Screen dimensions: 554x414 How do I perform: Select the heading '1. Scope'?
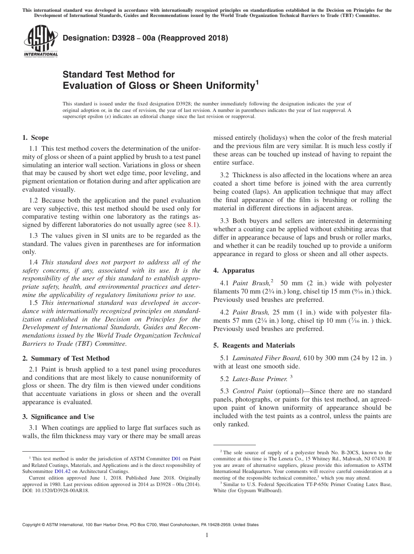[35, 138]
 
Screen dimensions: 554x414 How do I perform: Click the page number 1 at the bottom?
[207, 535]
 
